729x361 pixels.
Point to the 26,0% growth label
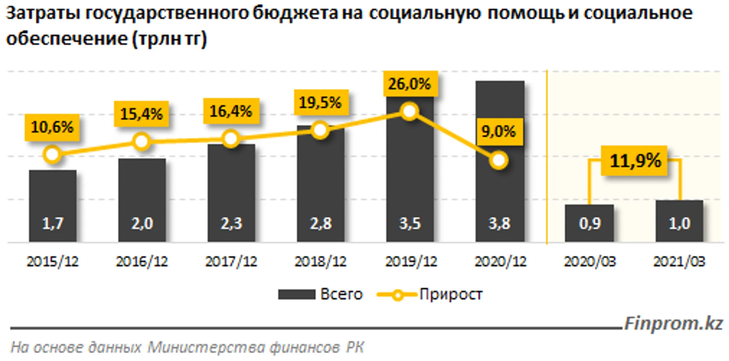[x=410, y=84]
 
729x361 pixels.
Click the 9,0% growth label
[x=499, y=131]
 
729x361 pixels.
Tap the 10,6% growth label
[x=52, y=127]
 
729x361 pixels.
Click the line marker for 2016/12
[x=142, y=142]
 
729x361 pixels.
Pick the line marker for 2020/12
[x=499, y=160]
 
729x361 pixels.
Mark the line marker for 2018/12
[x=320, y=130]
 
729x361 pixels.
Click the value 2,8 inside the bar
[x=321, y=223]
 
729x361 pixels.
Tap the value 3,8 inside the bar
[x=500, y=223]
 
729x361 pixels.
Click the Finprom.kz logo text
[x=674, y=324]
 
